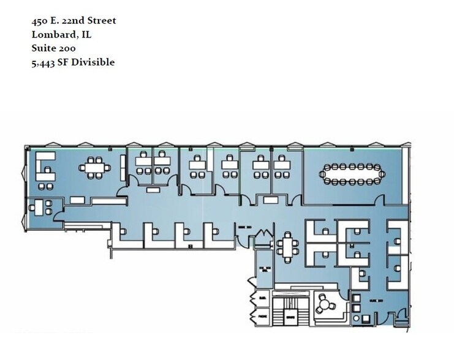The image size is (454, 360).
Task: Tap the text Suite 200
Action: tap(55, 48)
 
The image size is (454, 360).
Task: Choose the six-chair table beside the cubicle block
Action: tap(287, 247)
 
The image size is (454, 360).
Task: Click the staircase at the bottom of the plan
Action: tap(290, 313)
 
